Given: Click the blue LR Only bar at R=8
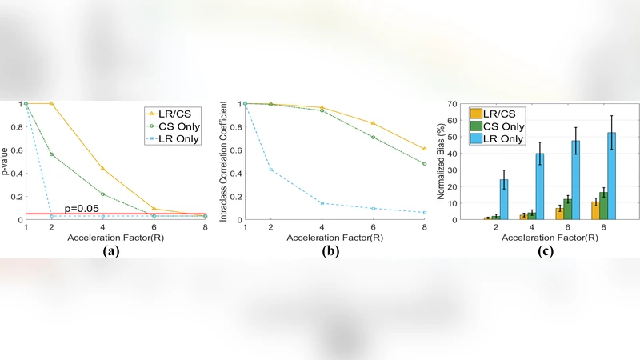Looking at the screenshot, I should pyautogui.click(x=611, y=176).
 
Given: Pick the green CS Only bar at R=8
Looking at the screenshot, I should pyautogui.click(x=603, y=206).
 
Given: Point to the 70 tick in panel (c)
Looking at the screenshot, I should pyautogui.click(x=454, y=104).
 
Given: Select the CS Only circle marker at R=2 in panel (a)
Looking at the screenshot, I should pyautogui.click(x=52, y=154).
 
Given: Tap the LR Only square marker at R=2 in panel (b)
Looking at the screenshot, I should pyautogui.click(x=270, y=170).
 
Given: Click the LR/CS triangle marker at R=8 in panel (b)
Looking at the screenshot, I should pyautogui.click(x=423, y=149).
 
